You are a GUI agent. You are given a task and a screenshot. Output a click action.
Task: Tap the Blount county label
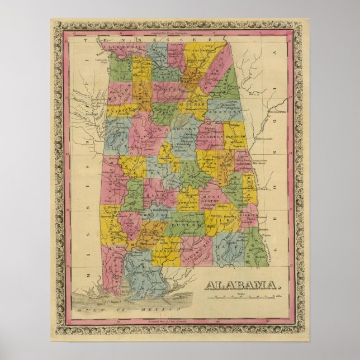point(170,88)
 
